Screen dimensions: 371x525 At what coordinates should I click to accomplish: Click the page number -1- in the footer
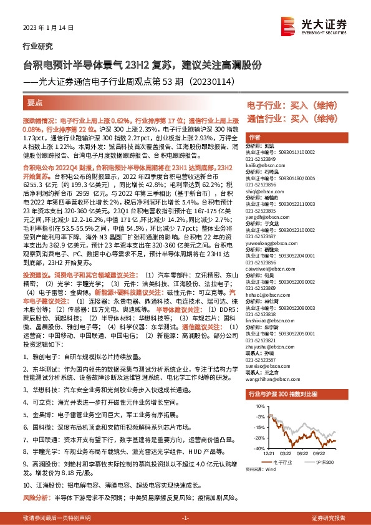(x=185, y=518)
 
